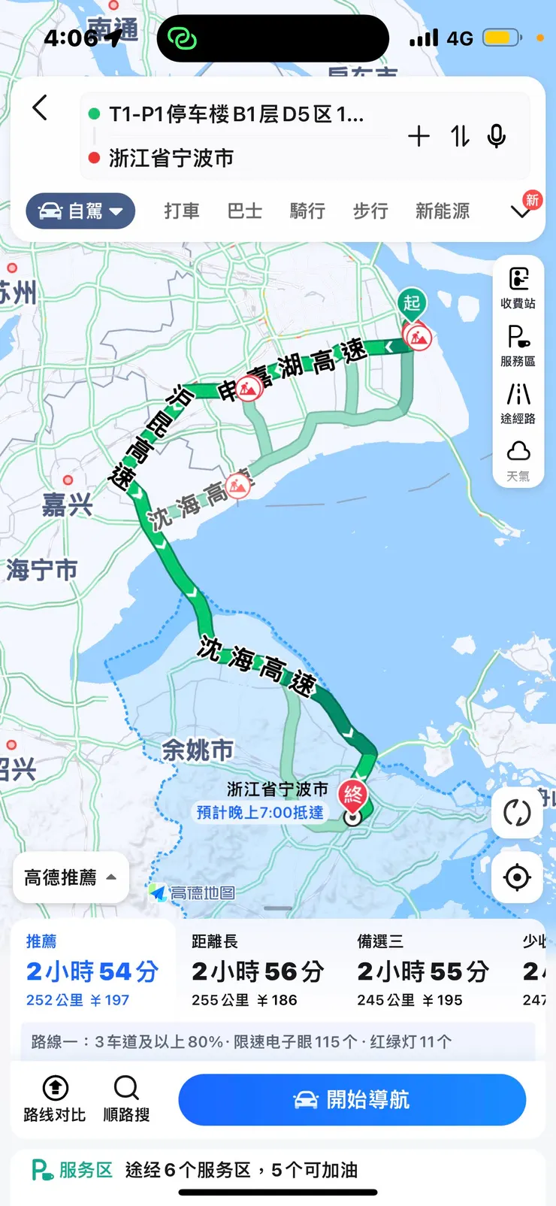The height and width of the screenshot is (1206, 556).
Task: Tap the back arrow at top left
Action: pyautogui.click(x=41, y=108)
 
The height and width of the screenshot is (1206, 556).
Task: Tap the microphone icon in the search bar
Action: pyautogui.click(x=496, y=136)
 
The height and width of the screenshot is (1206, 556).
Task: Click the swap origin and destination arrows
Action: pyautogui.click(x=460, y=136)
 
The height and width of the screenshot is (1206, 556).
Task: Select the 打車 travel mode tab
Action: pyautogui.click(x=182, y=211)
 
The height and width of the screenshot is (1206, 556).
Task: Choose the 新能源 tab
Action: pyautogui.click(x=443, y=211)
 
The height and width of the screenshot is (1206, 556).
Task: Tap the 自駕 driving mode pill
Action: pyautogui.click(x=81, y=211)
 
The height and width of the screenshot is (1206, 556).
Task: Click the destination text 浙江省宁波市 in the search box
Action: pyautogui.click(x=171, y=159)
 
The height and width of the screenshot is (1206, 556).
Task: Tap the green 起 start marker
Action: pyautogui.click(x=412, y=304)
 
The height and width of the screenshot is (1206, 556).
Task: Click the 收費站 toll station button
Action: pyautogui.click(x=518, y=288)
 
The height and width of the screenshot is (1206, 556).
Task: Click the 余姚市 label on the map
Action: pyautogui.click(x=198, y=750)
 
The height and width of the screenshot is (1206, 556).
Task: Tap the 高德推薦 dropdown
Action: pyautogui.click(x=71, y=877)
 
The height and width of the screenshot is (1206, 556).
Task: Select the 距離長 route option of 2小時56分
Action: pyautogui.click(x=258, y=971)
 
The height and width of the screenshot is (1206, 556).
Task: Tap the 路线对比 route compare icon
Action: pyautogui.click(x=55, y=1098)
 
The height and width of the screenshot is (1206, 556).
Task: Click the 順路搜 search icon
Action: pyautogui.click(x=126, y=1098)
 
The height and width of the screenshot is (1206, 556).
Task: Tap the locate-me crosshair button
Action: pyautogui.click(x=517, y=877)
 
